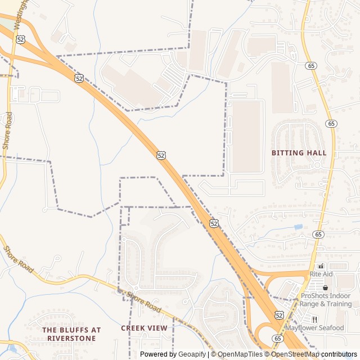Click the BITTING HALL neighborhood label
pyautogui.click(x=299, y=153)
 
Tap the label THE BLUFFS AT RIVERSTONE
pyautogui.click(x=71, y=334)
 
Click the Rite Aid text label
pyautogui.click(x=321, y=274)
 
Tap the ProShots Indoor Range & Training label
pyautogui.click(x=326, y=299)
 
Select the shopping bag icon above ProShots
pyautogui.click(x=325, y=287)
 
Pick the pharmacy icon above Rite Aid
pyautogui.click(x=321, y=266)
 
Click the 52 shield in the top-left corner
pyautogui.click(x=20, y=39)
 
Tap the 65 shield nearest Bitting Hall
pyautogui.click(x=331, y=124)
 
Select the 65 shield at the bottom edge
pyautogui.click(x=277, y=338)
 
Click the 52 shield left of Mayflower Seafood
pyautogui.click(x=279, y=316)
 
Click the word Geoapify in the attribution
pyautogui.click(x=192, y=354)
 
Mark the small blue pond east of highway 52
pyautogui.click(x=298, y=227)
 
